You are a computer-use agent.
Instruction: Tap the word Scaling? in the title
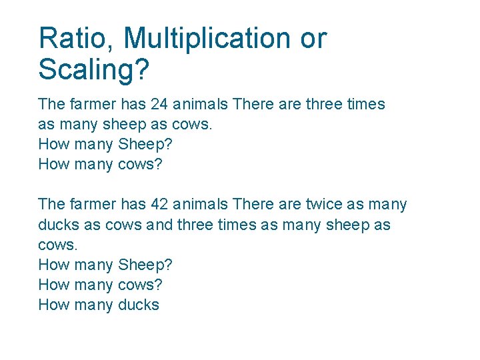point(94,69)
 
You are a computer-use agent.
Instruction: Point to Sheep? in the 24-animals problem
point(145,144)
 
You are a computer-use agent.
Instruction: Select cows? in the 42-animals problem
point(139,285)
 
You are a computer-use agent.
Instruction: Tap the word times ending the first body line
point(366,104)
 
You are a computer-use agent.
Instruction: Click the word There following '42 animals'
point(252,205)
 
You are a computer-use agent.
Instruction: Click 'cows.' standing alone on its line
point(58,245)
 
